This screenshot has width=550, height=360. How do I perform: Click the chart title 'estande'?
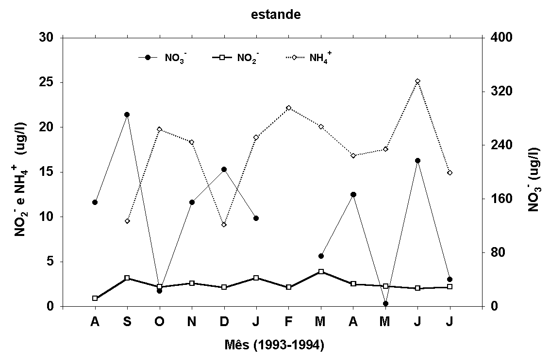pyautogui.click(x=276, y=15)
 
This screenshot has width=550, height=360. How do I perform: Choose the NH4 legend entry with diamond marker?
pyautogui.click(x=309, y=58)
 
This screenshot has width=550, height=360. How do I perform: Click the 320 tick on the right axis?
pyautogui.click(x=500, y=91)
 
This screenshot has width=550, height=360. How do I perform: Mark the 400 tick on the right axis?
pyautogui.click(x=500, y=37)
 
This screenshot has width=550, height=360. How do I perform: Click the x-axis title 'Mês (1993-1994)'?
pyautogui.click(x=274, y=345)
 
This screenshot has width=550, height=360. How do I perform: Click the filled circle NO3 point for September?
pyautogui.click(x=127, y=115)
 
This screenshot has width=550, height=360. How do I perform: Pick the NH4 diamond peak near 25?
pyautogui.click(x=417, y=81)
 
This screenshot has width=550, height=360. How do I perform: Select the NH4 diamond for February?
pyautogui.click(x=288, y=108)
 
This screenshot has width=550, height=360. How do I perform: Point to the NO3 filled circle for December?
pyautogui.click(x=224, y=169)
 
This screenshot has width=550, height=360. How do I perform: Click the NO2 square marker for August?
pyautogui.click(x=95, y=298)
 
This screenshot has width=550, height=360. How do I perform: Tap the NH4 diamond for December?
pyautogui.click(x=224, y=224)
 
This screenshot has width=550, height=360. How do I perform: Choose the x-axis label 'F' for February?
pyautogui.click(x=288, y=322)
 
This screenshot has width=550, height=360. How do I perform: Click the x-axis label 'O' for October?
pyautogui.click(x=159, y=322)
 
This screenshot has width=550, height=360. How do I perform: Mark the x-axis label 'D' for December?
pyautogui.click(x=224, y=322)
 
